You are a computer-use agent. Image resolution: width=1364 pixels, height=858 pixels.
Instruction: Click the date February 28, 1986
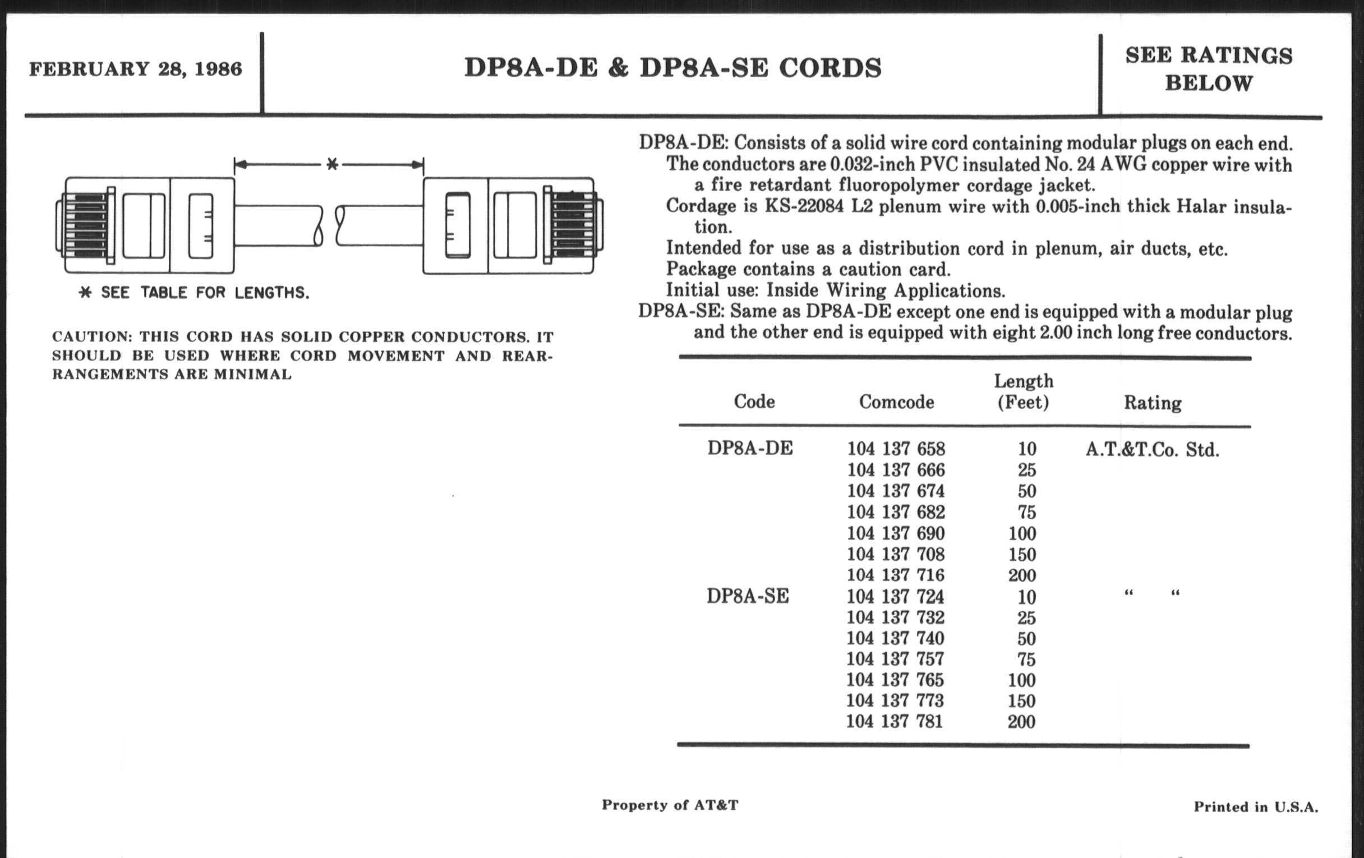(135, 69)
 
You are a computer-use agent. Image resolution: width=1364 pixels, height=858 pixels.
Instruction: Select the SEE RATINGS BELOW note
(1209, 69)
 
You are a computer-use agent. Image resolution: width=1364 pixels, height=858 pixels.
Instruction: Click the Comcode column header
(896, 402)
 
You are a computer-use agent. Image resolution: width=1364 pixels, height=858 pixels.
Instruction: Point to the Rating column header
(1152, 403)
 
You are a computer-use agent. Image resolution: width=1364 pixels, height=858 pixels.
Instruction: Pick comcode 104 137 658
(896, 449)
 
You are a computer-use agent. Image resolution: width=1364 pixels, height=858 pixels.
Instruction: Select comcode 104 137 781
(895, 722)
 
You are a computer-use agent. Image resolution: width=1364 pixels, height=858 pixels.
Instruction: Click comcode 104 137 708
(896, 554)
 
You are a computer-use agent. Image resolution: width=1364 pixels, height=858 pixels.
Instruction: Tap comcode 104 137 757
(895, 659)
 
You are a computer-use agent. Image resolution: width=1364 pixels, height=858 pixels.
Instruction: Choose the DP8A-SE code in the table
(747, 596)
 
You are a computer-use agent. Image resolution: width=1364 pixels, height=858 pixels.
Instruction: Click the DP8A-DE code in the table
(750, 449)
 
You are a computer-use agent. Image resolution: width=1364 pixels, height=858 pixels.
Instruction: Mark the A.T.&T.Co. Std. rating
(1151, 450)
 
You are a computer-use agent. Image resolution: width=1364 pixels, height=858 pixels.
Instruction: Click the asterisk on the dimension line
(333, 165)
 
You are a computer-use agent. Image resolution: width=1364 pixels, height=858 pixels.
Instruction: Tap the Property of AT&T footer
(670, 805)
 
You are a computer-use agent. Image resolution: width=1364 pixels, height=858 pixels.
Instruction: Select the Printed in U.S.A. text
(1255, 806)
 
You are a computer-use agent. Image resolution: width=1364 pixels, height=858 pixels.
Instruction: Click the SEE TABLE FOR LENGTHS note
(194, 293)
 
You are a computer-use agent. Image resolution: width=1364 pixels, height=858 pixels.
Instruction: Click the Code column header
(754, 402)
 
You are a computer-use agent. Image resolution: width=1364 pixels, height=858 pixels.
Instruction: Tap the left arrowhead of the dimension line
(240, 165)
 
